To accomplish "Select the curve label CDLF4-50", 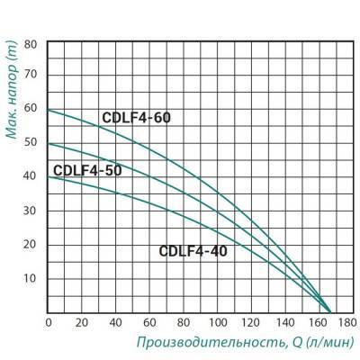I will point(87,170).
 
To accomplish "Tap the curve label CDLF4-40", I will point(193,251).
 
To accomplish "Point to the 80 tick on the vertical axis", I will point(31,43).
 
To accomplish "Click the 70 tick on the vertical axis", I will point(31,76).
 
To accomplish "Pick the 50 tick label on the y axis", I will point(31,143).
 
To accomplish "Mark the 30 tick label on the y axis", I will point(31,211).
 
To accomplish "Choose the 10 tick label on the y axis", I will point(31,277).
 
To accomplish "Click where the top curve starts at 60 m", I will point(48,110).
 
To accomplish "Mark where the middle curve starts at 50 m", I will point(48,143).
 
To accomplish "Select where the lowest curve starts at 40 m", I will point(48,176).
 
